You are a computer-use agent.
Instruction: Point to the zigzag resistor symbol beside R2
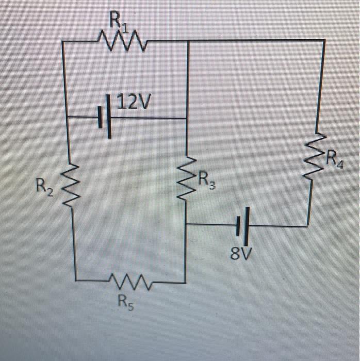[x=69, y=183]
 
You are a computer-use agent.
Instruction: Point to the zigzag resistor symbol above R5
[x=129, y=282]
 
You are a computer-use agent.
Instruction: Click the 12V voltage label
[x=134, y=103]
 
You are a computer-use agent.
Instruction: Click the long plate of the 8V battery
[x=247, y=225]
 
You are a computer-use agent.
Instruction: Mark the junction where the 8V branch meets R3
[x=186, y=224]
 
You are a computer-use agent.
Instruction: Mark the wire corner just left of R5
[x=75, y=281]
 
